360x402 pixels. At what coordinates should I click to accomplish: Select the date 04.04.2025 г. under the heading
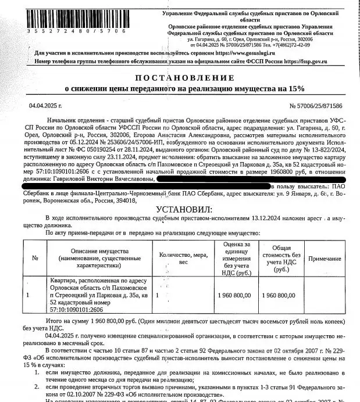pos(45,106)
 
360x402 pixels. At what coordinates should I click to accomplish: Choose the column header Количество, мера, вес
pos(183,257)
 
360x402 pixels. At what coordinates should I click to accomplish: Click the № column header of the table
pos(35,257)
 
